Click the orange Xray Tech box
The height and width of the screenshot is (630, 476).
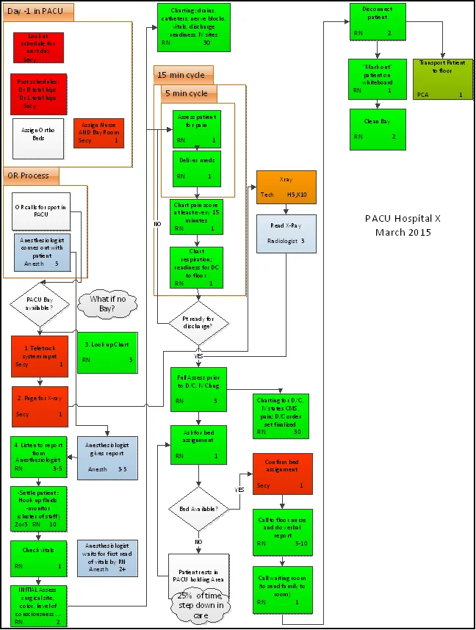point(286,187)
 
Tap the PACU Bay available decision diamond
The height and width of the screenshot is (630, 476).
point(39,303)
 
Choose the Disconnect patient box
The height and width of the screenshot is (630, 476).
point(378,20)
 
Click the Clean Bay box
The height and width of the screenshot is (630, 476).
point(378,127)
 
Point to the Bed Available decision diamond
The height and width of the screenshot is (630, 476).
point(199,508)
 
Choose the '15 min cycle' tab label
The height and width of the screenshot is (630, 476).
point(184,75)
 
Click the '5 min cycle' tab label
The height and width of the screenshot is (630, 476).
point(189,94)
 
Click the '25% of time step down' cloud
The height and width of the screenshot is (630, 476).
point(199,607)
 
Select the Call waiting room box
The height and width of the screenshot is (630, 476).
point(282,589)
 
